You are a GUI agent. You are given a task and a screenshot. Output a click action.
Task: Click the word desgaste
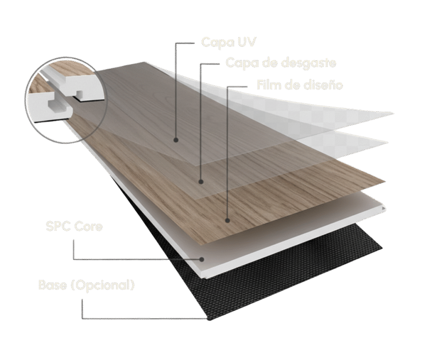click(309, 63)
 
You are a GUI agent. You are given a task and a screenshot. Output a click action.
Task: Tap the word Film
click(269, 85)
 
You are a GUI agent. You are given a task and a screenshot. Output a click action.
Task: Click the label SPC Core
click(74, 226)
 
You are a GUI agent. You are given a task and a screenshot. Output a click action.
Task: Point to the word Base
click(53, 285)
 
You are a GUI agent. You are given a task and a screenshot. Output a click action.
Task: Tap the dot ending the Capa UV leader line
click(175, 140)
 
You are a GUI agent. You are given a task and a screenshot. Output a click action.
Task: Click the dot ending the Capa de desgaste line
click(201, 182)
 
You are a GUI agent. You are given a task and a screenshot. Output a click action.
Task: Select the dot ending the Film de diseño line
click(227, 220)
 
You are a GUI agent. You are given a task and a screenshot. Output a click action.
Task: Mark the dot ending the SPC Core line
click(202, 260)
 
